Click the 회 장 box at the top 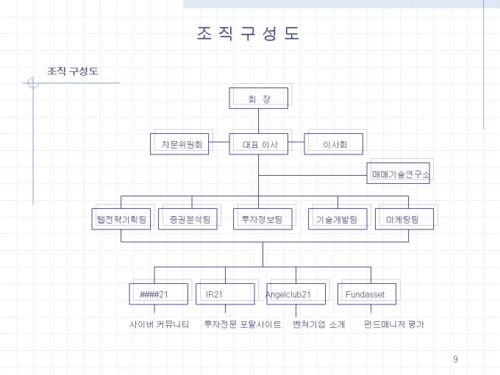[x=259, y=99]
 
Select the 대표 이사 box [x=259, y=144]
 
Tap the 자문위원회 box [x=179, y=144]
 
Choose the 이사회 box [x=334, y=144]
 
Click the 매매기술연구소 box [x=399, y=173]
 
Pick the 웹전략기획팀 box [x=121, y=219]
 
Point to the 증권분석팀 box [x=187, y=219]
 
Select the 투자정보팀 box [x=262, y=219]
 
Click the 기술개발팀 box [x=337, y=219]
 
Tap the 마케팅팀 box [x=404, y=219]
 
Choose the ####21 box [x=159, y=294]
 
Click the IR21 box [x=225, y=294]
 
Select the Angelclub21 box [x=296, y=294]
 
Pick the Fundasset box [x=367, y=294]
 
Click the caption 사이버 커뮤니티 [x=159, y=324]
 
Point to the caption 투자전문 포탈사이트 [x=243, y=324]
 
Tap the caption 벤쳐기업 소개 [x=319, y=324]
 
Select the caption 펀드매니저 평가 [x=394, y=324]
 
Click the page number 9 [x=455, y=359]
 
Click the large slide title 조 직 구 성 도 [x=248, y=33]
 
